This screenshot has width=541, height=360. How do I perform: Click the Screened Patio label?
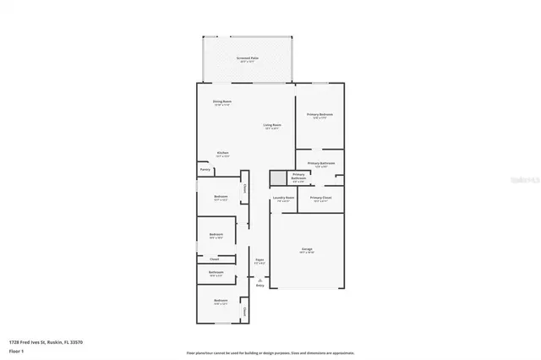(x=247, y=59)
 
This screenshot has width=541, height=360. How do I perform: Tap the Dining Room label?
(x=222, y=101)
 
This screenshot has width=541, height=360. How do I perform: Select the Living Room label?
(x=272, y=125)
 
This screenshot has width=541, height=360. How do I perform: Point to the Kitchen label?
(x=222, y=153)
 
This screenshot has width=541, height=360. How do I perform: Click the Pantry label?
(x=205, y=169)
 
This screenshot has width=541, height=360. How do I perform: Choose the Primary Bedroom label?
(x=320, y=114)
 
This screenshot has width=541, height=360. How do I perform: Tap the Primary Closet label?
(x=320, y=198)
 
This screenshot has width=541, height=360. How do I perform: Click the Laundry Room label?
(x=283, y=199)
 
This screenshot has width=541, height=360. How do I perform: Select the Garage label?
(x=307, y=250)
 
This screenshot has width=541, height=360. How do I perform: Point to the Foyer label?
(x=260, y=260)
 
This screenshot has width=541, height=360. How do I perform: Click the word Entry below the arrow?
(x=260, y=286)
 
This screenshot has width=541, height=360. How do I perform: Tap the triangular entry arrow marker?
(x=260, y=280)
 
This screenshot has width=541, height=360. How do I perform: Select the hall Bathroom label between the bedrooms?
(x=216, y=272)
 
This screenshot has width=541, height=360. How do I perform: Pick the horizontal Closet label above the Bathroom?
(x=203, y=259)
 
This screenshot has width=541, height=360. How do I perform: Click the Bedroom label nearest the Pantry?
(x=221, y=199)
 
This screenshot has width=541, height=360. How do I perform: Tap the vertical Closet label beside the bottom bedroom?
(x=244, y=312)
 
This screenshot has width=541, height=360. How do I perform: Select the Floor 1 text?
(x=17, y=351)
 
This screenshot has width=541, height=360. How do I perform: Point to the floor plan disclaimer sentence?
(x=270, y=352)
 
